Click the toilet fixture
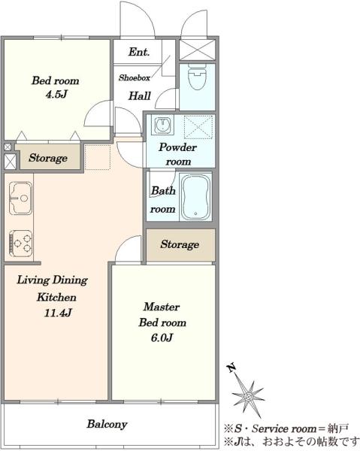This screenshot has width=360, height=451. (197, 76)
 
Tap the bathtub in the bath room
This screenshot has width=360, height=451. (195, 197)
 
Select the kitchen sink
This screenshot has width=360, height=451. (20, 198)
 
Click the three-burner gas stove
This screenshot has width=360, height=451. (20, 244)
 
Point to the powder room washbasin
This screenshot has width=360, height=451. (164, 125)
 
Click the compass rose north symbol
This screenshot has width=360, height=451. (247, 395)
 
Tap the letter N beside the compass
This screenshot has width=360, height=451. (231, 368)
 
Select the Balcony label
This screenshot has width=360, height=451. (107, 424)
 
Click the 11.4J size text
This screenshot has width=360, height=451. (58, 313)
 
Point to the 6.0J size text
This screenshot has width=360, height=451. (162, 337)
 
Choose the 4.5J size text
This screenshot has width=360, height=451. (56, 94)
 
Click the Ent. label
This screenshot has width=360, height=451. (139, 52)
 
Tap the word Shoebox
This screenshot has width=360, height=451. (135, 77)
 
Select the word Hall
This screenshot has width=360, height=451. (140, 95)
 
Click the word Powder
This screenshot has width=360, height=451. (177, 147)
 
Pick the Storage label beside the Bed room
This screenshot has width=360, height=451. (48, 158)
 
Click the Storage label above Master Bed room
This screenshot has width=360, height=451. (180, 244)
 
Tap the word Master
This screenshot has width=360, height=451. (162, 307)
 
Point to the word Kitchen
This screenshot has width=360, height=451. (56, 297)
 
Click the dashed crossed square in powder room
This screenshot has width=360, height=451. (198, 127)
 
